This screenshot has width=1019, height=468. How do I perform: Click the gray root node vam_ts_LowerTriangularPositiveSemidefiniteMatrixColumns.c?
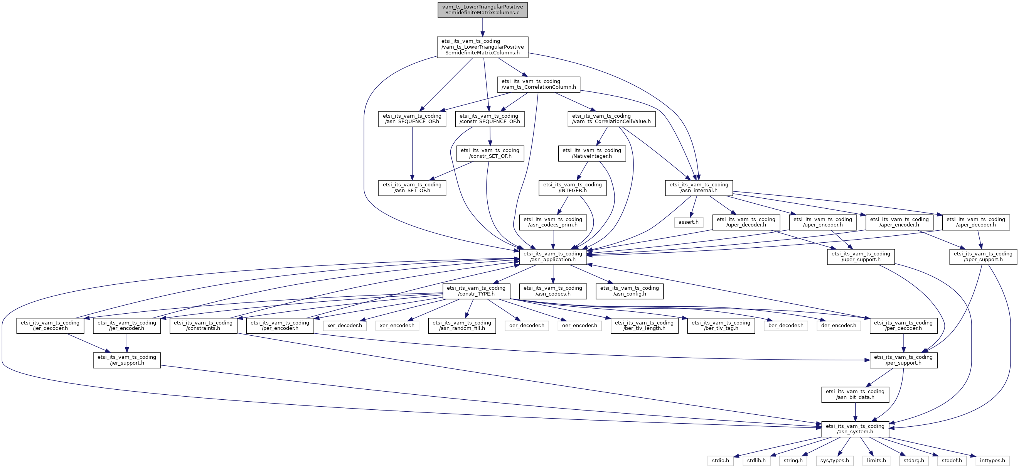tap(482, 10)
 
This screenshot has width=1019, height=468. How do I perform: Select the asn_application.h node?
tap(552, 257)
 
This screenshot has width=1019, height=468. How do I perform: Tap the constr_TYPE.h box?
tap(476, 291)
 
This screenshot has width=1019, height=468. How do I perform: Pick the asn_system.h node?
tap(855, 429)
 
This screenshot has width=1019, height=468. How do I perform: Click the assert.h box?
tap(688, 222)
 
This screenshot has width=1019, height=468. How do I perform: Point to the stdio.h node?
tap(720, 461)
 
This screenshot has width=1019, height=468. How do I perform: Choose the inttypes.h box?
tap(992, 461)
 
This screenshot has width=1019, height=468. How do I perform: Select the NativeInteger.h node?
tap(592, 153)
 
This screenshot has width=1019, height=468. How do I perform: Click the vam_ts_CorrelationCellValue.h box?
tap(611, 119)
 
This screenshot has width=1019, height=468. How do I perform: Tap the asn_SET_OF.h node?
tap(412, 188)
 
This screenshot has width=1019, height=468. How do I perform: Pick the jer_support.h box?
tap(126, 360)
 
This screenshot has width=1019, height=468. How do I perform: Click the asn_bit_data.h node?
tap(855, 394)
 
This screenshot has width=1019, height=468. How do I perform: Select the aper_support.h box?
tap(983, 257)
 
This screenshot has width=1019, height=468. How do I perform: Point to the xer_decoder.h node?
tap(344, 326)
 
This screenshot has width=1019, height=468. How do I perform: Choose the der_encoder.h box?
tap(838, 326)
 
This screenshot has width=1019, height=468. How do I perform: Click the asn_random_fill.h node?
tap(461, 326)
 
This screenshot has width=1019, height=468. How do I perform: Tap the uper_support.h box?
tap(861, 257)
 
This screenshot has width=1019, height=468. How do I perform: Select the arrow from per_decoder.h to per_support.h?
tap(903, 343)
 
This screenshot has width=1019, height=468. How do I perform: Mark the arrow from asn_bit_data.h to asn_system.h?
tap(855, 412)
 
